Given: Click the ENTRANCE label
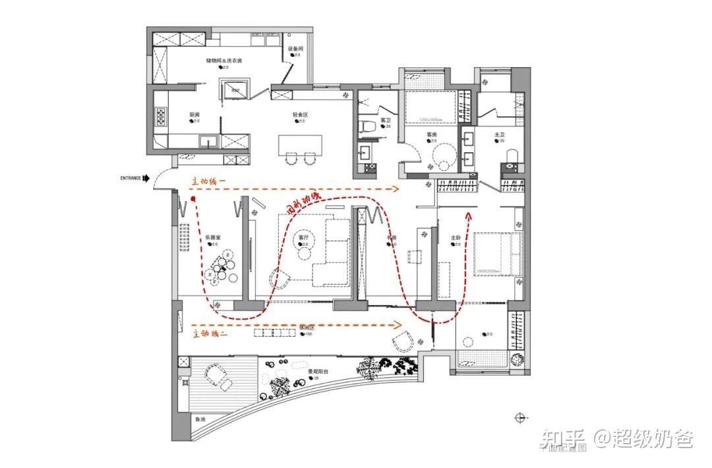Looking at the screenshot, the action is tap(131, 178).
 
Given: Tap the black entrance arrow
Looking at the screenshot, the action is tap(147, 178).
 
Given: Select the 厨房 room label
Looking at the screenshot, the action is tap(194, 115).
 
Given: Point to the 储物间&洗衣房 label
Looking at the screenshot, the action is tap(224, 61).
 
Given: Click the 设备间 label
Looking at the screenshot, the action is tap(295, 49).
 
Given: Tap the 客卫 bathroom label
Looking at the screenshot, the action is tap(386, 120).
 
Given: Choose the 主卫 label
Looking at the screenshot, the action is tap(499, 134).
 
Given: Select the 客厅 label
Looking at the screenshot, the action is tap(304, 237).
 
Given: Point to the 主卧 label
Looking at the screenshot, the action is tap(456, 238).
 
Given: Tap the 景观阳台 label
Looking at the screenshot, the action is tap(318, 371).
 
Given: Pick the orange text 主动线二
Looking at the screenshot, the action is tap(211, 334).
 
